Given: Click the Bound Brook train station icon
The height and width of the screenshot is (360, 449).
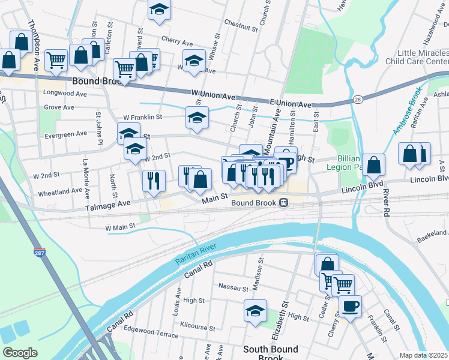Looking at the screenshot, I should pos(281,203).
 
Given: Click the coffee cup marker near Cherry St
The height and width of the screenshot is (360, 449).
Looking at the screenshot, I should pos(350,306).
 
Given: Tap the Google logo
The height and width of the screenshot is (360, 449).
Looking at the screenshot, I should pos(20,352).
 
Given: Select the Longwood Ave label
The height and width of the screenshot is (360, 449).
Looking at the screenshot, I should pos(65,94).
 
